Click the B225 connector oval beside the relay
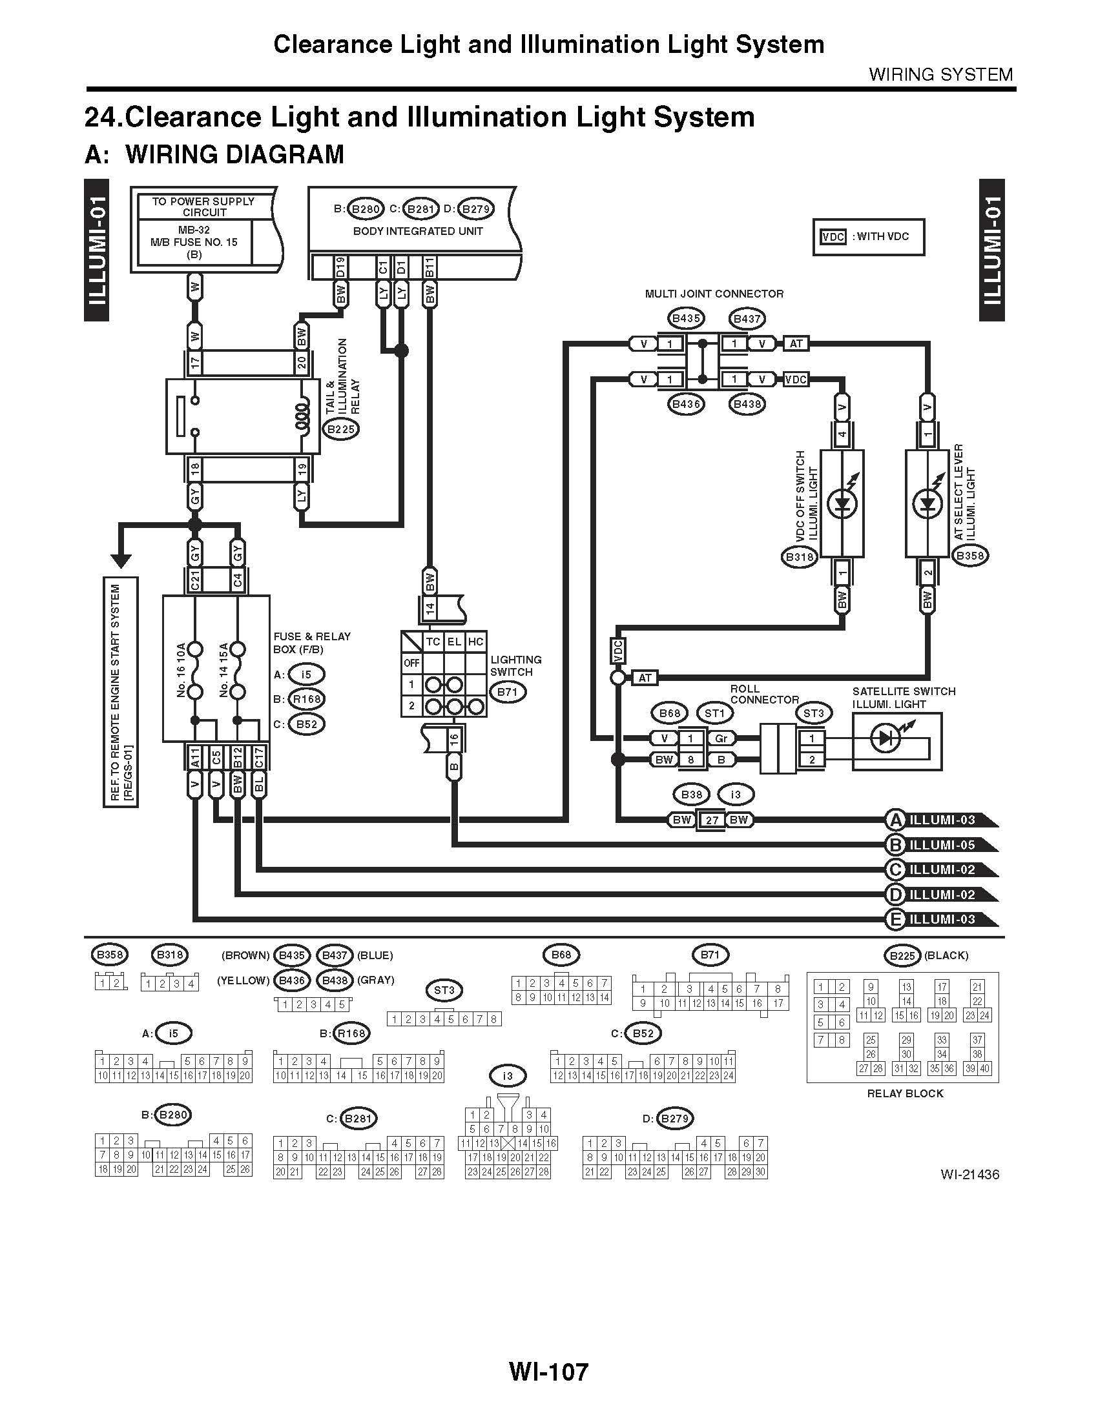click(341, 429)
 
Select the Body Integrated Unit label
click(418, 231)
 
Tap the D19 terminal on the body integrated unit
click(341, 267)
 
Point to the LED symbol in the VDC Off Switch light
click(842, 503)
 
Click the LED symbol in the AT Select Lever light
click(927, 503)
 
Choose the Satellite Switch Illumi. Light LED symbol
click(887, 737)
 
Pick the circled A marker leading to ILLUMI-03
click(896, 820)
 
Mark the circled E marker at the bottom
click(896, 919)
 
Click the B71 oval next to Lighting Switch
click(507, 692)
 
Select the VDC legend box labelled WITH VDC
click(867, 237)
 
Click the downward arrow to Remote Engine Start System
click(121, 560)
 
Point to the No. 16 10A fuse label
click(181, 670)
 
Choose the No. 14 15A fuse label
click(223, 670)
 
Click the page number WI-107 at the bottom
click(548, 1372)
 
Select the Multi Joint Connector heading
click(714, 294)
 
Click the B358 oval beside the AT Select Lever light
click(969, 556)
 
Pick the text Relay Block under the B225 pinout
click(905, 1093)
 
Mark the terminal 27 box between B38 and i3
click(712, 820)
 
